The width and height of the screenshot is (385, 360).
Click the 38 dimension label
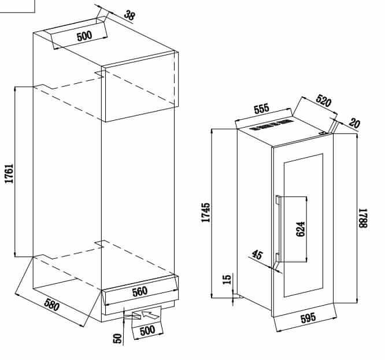pyautogui.click(x=129, y=15)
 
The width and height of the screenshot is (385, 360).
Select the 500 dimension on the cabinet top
pyautogui.click(x=84, y=36)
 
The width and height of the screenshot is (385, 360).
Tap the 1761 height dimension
pyautogui.click(x=9, y=173)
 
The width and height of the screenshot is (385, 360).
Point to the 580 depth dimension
pyautogui.click(x=52, y=305)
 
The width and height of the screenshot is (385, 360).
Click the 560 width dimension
pyautogui.click(x=140, y=292)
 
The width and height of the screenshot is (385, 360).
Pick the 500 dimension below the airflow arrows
pyautogui.click(x=147, y=331)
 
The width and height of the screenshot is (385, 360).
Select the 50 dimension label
pyautogui.click(x=117, y=339)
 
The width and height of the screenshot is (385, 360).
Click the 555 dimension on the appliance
pyautogui.click(x=262, y=109)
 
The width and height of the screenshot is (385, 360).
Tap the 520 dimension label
pyautogui.click(x=324, y=101)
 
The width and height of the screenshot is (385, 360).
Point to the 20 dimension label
pyautogui.click(x=354, y=123)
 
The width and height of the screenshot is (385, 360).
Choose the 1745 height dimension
pyautogui.click(x=206, y=213)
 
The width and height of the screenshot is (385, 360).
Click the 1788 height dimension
pyautogui.click(x=362, y=218)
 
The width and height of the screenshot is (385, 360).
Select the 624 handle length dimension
pyautogui.click(x=300, y=229)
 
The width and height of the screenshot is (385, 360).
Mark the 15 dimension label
pyautogui.click(x=227, y=279)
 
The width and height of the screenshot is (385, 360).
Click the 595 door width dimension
pyautogui.click(x=308, y=318)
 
